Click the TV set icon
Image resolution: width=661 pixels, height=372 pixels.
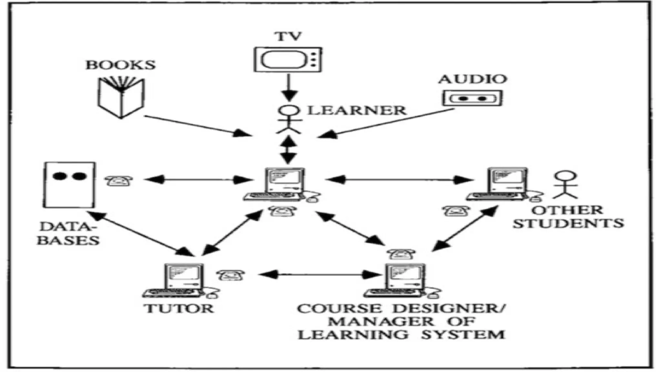(288, 59)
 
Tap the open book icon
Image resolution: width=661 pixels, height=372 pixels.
(121, 97)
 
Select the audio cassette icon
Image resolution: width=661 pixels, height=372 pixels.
(472, 98)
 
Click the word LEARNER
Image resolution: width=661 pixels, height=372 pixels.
(357, 111)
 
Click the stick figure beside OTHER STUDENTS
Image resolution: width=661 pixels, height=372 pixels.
(565, 185)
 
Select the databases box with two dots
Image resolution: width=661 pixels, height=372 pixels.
(69, 185)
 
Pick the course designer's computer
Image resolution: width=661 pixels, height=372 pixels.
(403, 281)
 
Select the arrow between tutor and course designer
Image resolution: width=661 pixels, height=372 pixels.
(320, 275)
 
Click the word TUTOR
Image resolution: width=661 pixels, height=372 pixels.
(179, 308)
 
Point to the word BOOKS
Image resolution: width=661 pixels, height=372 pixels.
(120, 65)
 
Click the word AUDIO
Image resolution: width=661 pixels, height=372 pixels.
(473, 79)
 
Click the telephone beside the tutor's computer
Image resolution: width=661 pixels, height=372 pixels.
(230, 275)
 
